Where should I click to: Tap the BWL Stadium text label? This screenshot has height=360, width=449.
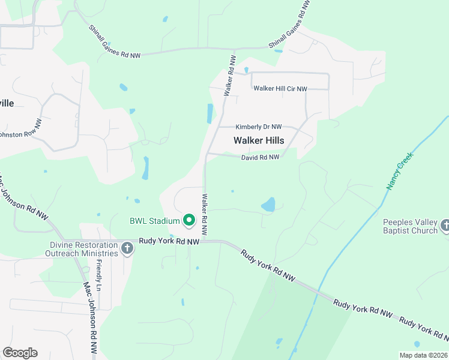click(x=155, y=221)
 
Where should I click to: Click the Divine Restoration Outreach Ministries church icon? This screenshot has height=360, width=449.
click(x=127, y=248)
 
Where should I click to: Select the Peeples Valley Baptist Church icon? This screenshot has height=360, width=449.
click(x=445, y=226)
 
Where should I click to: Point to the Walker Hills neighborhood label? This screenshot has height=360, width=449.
click(x=258, y=140)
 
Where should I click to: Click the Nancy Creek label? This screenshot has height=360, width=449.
click(x=398, y=175)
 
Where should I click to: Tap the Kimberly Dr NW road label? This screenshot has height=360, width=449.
click(x=258, y=127)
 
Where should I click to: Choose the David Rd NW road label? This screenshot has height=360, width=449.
click(x=261, y=157)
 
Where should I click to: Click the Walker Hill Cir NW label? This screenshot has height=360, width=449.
click(x=280, y=89)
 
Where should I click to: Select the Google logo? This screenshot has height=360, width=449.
click(x=20, y=353)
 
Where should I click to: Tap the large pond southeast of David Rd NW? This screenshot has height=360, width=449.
click(x=268, y=205)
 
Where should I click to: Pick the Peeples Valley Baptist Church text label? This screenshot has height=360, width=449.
click(x=411, y=226)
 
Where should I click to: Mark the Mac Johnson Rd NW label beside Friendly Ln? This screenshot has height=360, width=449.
click(x=89, y=319)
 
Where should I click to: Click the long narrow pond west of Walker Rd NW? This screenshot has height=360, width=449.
click(x=209, y=113)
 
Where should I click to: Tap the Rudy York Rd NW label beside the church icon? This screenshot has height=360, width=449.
click(x=169, y=241)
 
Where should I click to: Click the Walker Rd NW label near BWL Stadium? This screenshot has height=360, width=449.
click(x=205, y=214)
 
